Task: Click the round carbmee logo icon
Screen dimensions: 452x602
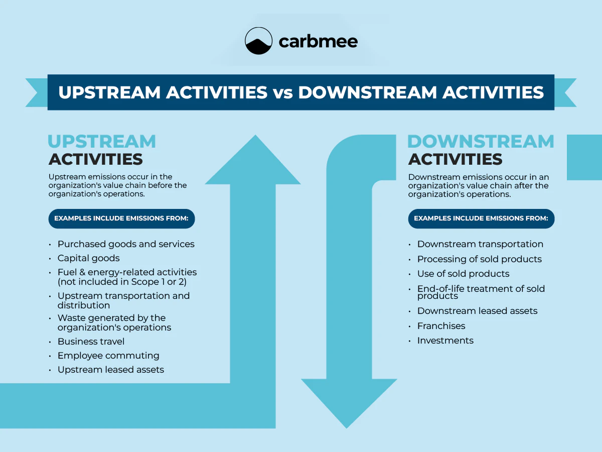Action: (x=258, y=41)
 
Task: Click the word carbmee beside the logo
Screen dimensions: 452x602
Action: (x=318, y=41)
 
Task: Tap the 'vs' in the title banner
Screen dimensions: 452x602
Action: (x=283, y=92)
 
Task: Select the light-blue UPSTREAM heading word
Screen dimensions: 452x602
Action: (x=102, y=141)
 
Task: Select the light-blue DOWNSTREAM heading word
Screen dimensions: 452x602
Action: (x=481, y=141)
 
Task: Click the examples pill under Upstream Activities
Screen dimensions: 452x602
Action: (x=121, y=218)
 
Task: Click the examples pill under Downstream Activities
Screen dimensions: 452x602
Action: (x=481, y=218)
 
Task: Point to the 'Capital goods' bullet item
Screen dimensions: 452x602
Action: (x=88, y=258)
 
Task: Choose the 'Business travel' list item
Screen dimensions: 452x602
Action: (x=91, y=342)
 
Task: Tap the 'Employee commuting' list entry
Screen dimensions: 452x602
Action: (x=108, y=356)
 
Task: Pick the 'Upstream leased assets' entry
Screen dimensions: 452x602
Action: (x=110, y=370)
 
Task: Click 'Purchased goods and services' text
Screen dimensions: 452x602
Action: (x=126, y=244)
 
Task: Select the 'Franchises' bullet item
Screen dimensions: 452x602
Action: (x=441, y=326)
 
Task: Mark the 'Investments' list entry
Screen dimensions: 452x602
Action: (x=445, y=341)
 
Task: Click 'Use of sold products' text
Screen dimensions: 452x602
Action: (x=463, y=274)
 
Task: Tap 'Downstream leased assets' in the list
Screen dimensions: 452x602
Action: (x=477, y=311)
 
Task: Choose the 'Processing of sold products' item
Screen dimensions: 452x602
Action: (x=479, y=259)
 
